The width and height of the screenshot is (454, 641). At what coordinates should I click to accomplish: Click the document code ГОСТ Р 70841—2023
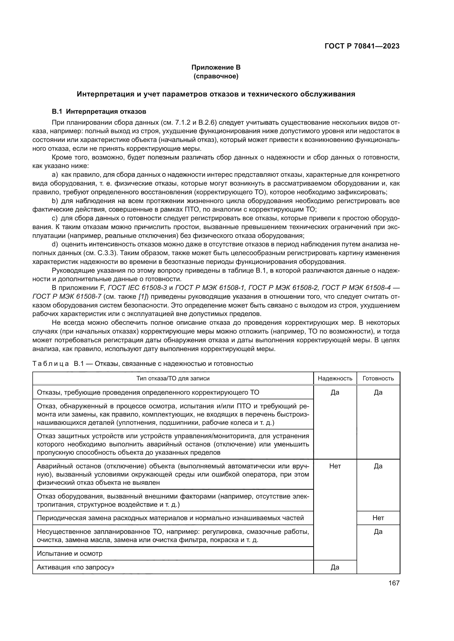click(x=362, y=46)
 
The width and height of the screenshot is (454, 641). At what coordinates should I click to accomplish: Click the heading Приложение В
click(x=216, y=67)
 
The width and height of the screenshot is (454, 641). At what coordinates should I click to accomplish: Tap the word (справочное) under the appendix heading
click(x=216, y=76)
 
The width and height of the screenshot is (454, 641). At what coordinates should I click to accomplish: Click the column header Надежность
click(x=335, y=378)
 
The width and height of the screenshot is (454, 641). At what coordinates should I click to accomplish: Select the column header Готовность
click(x=378, y=378)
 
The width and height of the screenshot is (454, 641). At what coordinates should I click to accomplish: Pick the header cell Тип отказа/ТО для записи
click(x=173, y=378)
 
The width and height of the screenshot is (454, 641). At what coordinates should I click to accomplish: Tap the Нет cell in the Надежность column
click(x=335, y=466)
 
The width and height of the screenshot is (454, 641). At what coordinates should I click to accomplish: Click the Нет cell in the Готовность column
click(x=378, y=518)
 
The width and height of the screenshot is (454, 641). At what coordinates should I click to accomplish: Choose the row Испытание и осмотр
click(x=70, y=553)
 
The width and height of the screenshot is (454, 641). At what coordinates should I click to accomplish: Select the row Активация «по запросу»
click(x=75, y=567)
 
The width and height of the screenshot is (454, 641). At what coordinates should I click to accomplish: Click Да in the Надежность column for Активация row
click(x=335, y=567)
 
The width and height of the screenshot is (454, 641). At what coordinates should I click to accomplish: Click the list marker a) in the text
click(x=55, y=175)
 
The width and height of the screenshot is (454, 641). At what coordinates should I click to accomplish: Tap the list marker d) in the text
click(x=55, y=244)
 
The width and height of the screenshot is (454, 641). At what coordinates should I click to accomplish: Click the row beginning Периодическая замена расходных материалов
click(x=170, y=518)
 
